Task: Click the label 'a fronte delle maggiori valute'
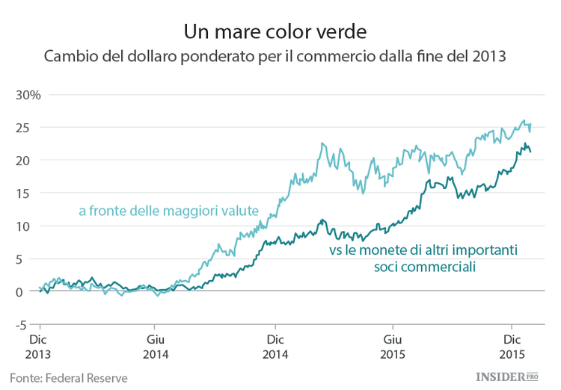[x=168, y=211]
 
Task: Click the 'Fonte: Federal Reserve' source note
[x=69, y=377]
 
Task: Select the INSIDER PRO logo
[x=507, y=377]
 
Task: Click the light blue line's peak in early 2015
[x=322, y=143]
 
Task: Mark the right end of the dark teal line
[x=530, y=152]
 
